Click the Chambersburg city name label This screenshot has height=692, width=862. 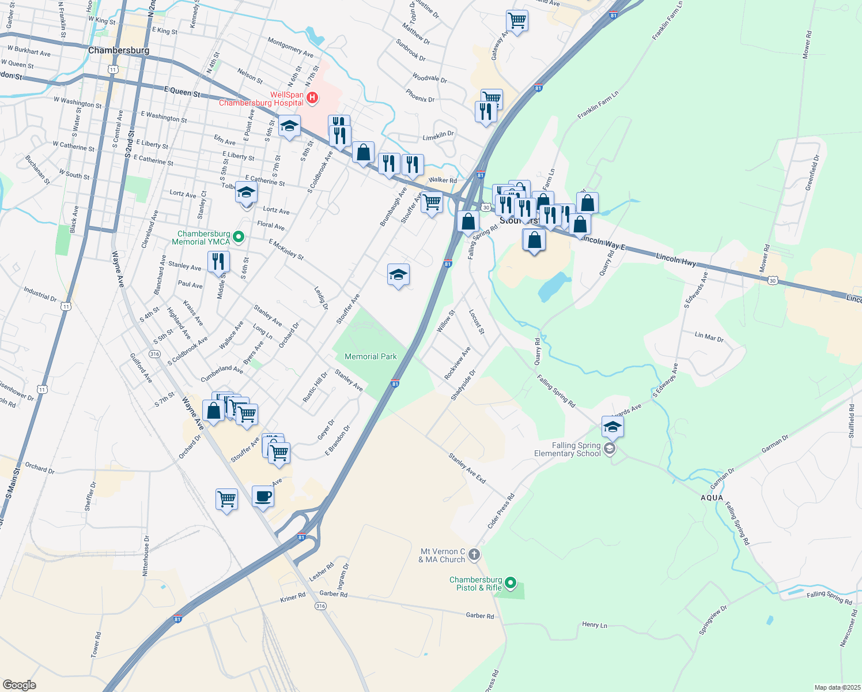point(119,50)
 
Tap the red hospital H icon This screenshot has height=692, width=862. point(312,97)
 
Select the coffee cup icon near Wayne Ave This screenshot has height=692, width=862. point(263,497)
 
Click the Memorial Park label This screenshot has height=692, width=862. point(370,356)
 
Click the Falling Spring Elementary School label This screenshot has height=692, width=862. point(568,449)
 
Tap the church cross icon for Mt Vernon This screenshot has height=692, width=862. point(474,555)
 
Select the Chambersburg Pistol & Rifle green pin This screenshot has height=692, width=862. point(511,584)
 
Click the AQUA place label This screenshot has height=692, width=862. point(712,498)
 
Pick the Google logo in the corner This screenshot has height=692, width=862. point(19,685)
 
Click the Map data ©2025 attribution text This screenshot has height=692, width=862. point(837,687)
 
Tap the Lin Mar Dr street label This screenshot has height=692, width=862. point(709,336)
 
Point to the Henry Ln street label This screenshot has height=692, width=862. point(594,625)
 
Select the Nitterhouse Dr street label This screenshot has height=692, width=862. point(146,555)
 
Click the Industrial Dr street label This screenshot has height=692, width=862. point(40,294)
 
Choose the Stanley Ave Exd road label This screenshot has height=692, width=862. point(467,468)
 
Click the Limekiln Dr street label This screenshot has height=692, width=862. point(438,134)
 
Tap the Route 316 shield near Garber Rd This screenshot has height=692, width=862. point(320,606)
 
